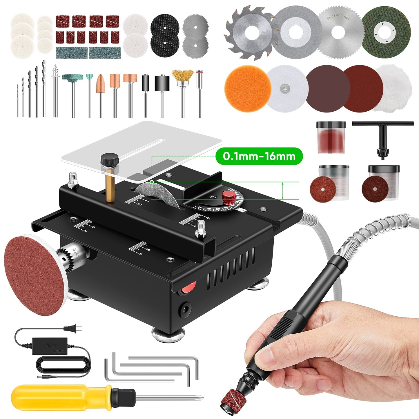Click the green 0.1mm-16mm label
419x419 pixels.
tap(259, 156)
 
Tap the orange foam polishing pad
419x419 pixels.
tap(248, 88)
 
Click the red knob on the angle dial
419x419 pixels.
tap(229, 197)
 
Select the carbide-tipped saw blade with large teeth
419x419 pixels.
tap(249, 33)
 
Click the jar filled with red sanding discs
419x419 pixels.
tap(331, 138)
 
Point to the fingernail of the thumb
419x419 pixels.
tap(266, 355)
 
